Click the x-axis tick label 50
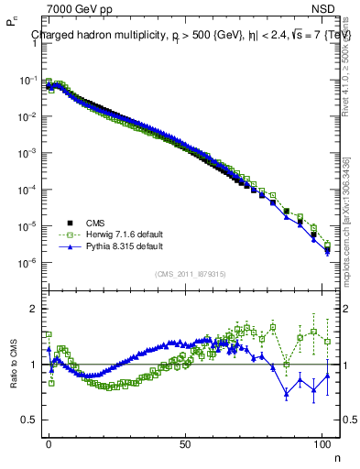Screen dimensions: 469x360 pyautogui.click(x=186, y=442)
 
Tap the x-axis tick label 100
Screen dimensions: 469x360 pyautogui.click(x=322, y=442)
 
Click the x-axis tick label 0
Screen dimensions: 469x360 pyautogui.click(x=49, y=442)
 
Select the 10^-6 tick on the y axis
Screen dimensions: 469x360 pyautogui.click(x=29, y=263)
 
